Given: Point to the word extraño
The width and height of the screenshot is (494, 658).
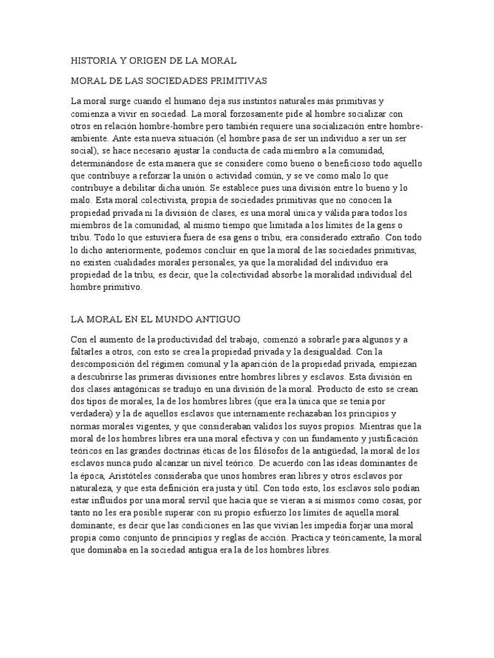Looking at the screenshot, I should (355, 237).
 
